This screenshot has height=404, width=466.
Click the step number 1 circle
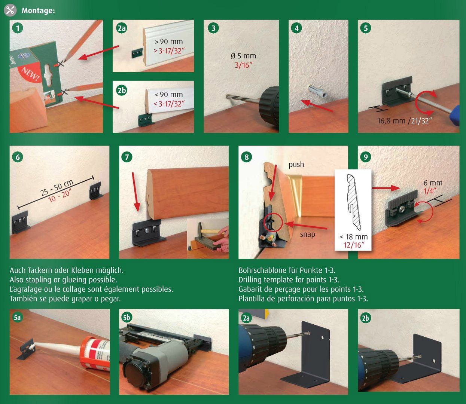click(17, 28)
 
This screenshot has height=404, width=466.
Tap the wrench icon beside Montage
click(10, 10)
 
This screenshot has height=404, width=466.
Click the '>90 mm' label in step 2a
click(168, 42)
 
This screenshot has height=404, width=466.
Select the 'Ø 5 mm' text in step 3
click(243, 56)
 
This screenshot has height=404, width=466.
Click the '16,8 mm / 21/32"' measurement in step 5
click(404, 121)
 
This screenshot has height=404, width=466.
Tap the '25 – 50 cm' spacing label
click(57, 187)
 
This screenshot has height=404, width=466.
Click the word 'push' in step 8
click(296, 164)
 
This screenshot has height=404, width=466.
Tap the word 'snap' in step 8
click(307, 234)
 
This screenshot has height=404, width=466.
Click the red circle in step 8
click(273, 222)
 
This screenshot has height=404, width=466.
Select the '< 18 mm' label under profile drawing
click(353, 236)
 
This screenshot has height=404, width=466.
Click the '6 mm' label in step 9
click(433, 183)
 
